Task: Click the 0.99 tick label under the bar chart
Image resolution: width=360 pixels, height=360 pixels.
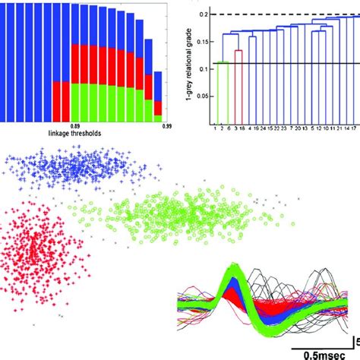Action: click(163, 125)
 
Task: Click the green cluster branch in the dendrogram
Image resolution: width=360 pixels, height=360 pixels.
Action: click(223, 91)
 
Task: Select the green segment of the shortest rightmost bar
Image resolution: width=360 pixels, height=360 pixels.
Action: click(157, 118)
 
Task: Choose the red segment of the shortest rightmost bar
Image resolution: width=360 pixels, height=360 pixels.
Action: click(157, 109)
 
